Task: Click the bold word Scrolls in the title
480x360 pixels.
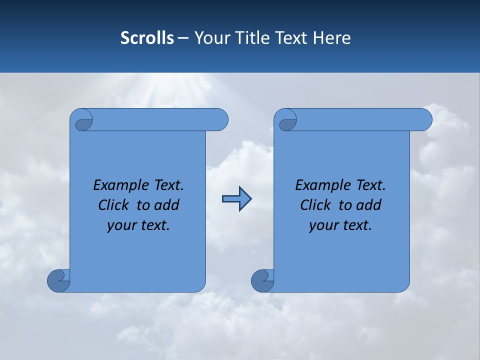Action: pos(147,38)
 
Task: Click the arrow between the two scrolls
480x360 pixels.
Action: pos(236,199)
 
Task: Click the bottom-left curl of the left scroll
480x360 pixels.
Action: pos(58,280)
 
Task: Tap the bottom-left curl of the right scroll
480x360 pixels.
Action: pos(262,280)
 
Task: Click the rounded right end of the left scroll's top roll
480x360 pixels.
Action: pos(220,119)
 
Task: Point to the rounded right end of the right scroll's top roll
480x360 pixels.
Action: pos(424,119)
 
